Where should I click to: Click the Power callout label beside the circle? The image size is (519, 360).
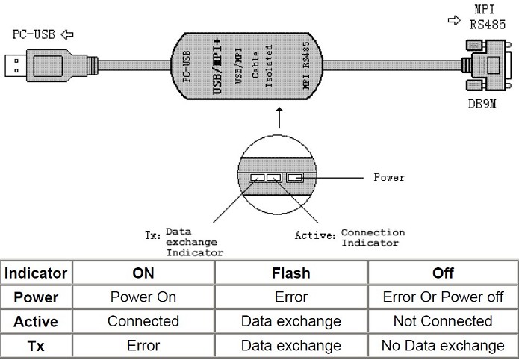tap(388, 178)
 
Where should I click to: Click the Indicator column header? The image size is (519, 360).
tap(37, 273)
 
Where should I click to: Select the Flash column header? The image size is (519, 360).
tap(290, 273)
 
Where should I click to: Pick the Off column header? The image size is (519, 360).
tap(443, 273)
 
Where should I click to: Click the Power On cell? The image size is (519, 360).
tap(143, 297)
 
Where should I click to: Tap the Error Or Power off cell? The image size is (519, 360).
tap(443, 297)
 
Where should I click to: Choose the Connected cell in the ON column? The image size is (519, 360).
tap(143, 322)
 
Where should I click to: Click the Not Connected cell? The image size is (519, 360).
tap(443, 322)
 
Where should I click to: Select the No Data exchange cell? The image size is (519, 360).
tap(443, 346)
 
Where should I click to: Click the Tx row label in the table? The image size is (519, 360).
tap(37, 346)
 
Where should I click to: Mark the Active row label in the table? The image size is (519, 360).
tap(37, 322)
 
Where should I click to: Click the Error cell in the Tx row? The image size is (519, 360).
tap(143, 346)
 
